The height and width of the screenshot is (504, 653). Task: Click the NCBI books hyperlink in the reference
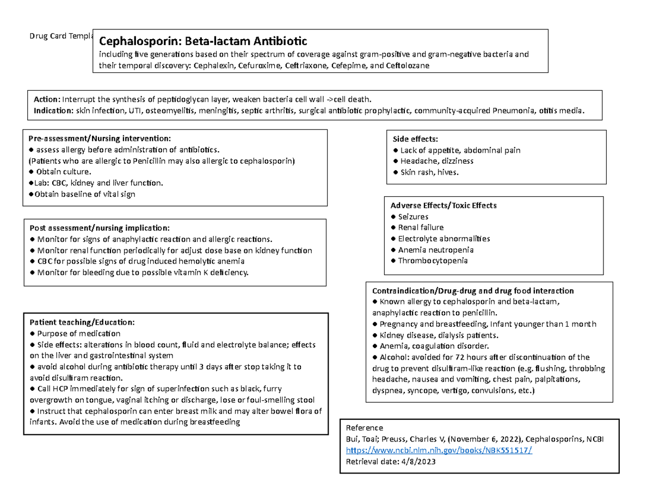[439, 451]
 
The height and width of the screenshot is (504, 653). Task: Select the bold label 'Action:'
[47, 99]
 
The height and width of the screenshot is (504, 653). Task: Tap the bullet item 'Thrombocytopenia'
[433, 260]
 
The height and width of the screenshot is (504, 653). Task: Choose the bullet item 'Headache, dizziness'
[436, 161]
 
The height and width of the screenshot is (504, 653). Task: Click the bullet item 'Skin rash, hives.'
[429, 172]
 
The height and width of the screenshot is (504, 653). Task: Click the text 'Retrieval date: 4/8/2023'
[391, 462]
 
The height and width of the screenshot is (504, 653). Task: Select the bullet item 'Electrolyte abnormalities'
[444, 239]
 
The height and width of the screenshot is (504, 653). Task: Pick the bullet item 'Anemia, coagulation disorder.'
[434, 346]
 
